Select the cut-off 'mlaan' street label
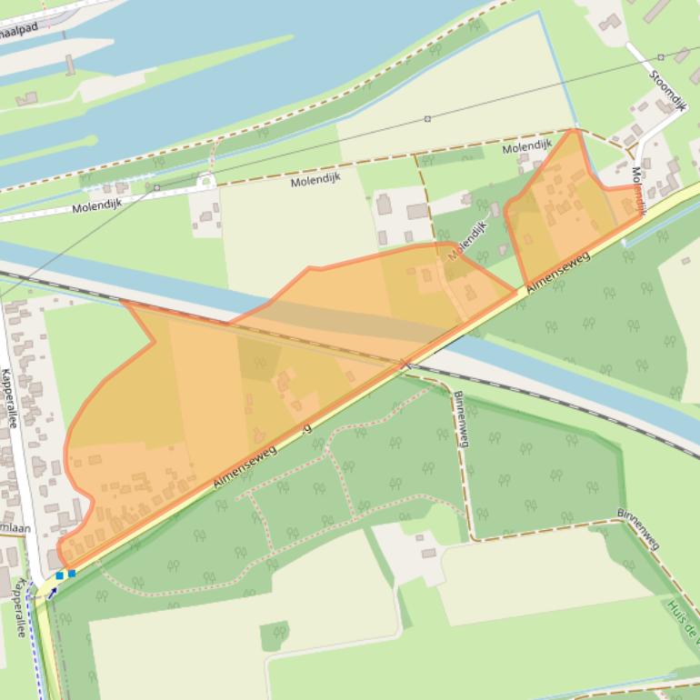15,528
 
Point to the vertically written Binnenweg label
461,419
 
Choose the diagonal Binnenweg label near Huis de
637,528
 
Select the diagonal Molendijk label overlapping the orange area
467,241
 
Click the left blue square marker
59,575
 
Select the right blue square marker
72,574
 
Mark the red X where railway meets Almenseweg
406,365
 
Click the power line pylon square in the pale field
427,118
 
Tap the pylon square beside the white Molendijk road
156,187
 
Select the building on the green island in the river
26,98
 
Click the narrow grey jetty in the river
69,65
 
